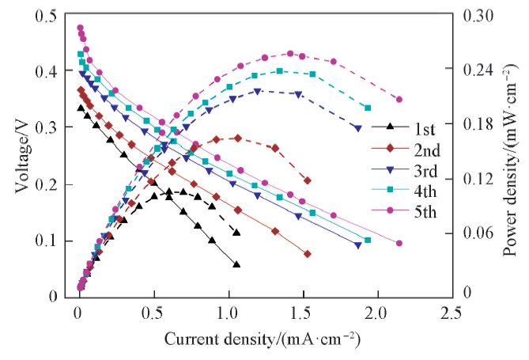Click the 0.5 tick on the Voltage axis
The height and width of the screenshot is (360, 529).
click(x=47, y=14)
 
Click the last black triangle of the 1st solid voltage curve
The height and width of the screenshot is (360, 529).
click(x=236, y=265)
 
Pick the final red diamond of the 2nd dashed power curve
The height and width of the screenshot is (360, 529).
click(x=307, y=180)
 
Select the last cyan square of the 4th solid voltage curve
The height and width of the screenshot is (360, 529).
click(x=367, y=240)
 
